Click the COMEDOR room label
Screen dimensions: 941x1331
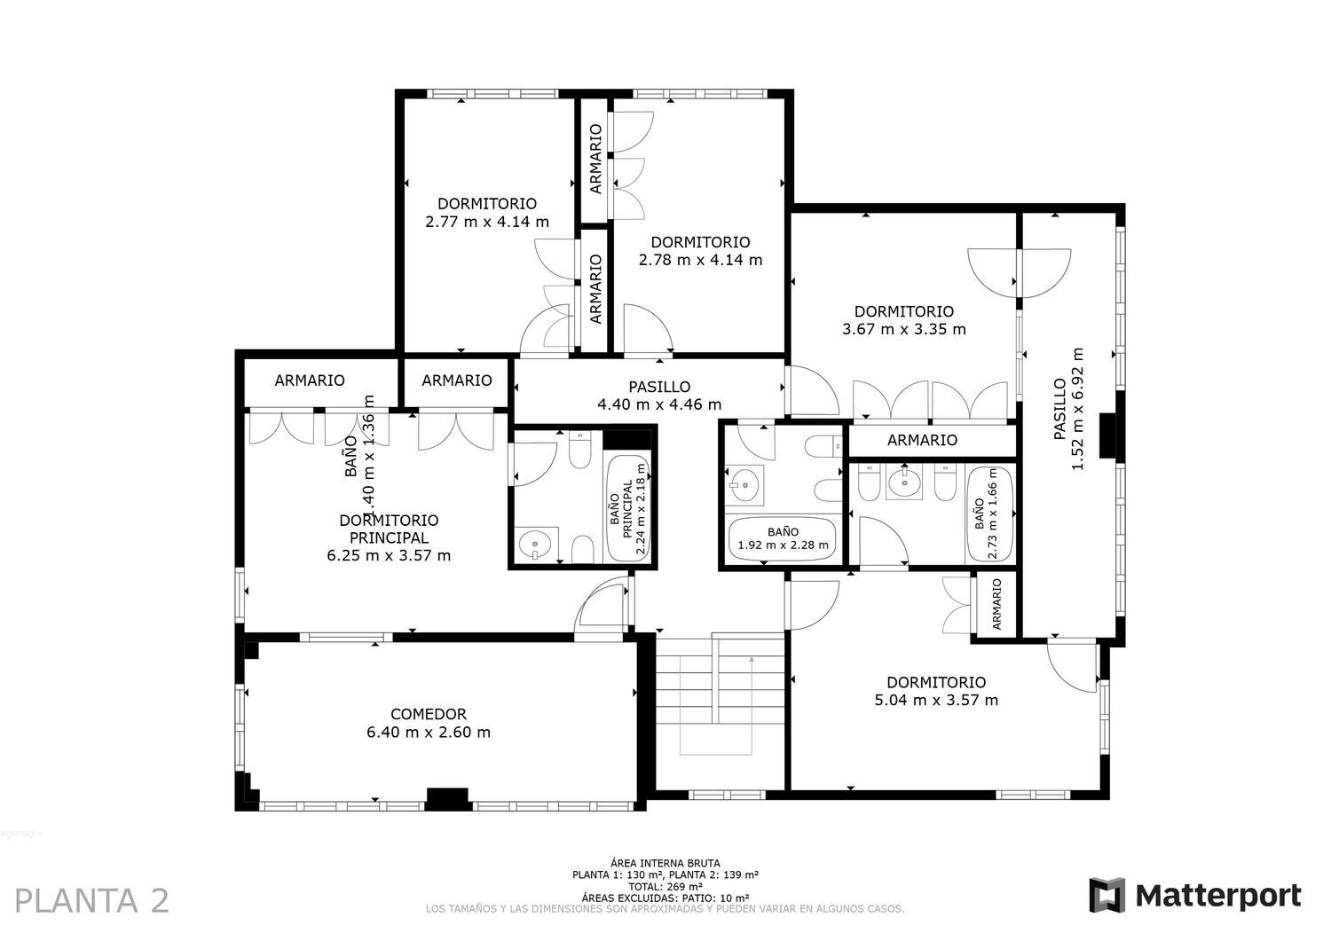point(429,714)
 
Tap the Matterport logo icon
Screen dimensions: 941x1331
point(1107,895)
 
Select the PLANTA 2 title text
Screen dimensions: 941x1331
point(92,900)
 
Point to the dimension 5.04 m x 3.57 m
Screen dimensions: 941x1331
point(936,701)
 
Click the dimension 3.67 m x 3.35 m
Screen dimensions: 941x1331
point(904,329)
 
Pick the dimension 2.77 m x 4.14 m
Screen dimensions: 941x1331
point(487,222)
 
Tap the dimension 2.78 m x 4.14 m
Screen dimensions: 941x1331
point(700,260)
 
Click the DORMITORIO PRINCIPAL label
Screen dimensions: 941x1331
point(389,529)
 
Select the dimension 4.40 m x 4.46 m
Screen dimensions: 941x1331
point(659,405)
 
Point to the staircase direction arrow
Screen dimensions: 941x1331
point(752,660)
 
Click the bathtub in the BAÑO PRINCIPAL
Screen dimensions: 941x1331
point(628,507)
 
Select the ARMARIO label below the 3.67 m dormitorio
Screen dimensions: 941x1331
point(922,440)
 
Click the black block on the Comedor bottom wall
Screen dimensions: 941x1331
point(447,798)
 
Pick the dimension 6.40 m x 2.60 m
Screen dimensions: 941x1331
point(429,733)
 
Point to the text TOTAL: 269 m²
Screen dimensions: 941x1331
point(665,886)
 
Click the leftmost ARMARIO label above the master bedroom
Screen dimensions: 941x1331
point(310,380)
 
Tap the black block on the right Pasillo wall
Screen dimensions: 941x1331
point(1107,435)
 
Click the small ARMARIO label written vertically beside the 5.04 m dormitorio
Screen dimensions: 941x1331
point(996,604)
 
